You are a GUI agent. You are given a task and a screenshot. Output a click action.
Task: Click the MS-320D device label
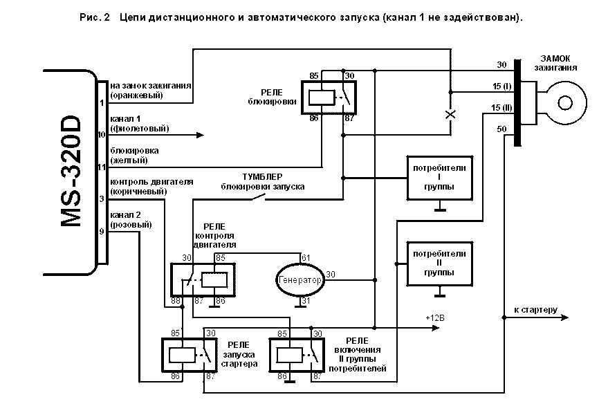click(x=71, y=172)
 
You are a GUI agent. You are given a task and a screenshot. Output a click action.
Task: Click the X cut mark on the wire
click(x=450, y=114)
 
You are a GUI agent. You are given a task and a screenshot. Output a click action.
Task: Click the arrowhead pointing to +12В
click(x=436, y=328)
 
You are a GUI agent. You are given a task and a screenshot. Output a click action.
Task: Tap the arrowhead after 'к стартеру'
click(x=565, y=317)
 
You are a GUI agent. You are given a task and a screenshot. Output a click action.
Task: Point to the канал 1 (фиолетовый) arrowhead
click(x=200, y=135)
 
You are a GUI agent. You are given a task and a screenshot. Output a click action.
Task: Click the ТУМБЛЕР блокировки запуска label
click(x=263, y=181)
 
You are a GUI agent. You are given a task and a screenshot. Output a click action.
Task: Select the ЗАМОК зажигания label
click(x=555, y=63)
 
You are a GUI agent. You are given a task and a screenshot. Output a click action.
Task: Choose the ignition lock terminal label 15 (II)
click(x=501, y=107)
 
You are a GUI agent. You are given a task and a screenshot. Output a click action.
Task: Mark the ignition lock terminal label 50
click(x=501, y=129)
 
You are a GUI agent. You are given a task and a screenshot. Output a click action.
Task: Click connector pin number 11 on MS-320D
click(x=101, y=167)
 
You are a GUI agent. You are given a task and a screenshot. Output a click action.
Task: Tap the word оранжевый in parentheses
click(x=136, y=95)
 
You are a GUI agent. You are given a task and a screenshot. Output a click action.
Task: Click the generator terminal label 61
click(x=306, y=258)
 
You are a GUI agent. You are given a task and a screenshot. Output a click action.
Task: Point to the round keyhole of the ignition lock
click(x=565, y=103)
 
